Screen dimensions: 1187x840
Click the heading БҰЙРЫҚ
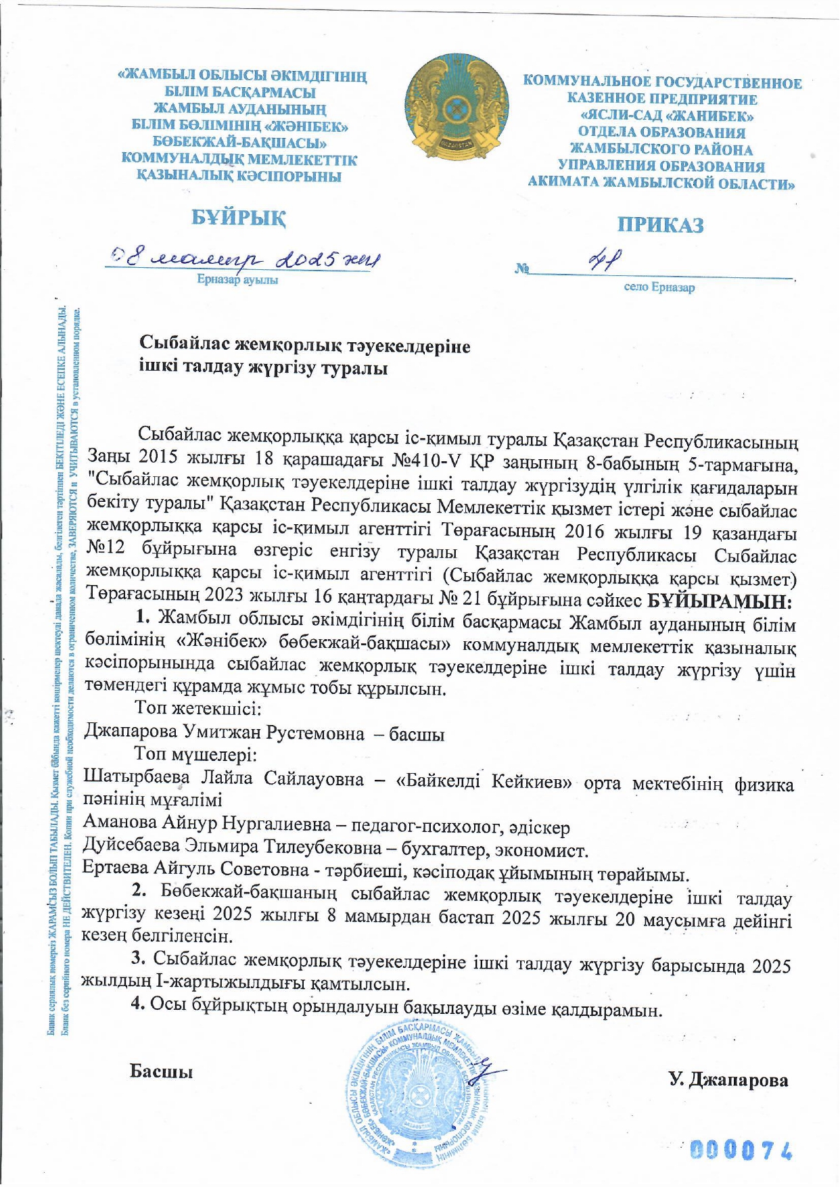point(238,218)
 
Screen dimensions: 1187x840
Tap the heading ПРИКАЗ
point(660,225)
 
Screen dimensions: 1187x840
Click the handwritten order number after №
point(606,260)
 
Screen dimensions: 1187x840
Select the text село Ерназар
point(659,287)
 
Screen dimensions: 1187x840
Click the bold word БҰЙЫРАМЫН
point(720,601)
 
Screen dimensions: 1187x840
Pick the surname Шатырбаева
point(136,778)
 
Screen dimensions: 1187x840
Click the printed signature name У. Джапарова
point(728,1079)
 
